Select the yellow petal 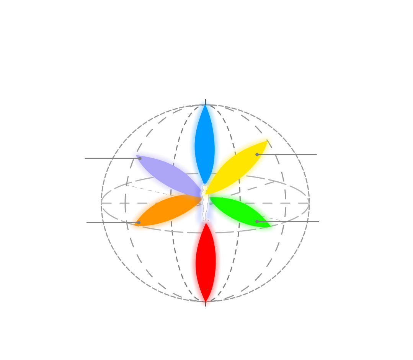point(241,161)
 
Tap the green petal point(245,212)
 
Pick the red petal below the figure point(206,264)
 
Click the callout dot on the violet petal point(140,158)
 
